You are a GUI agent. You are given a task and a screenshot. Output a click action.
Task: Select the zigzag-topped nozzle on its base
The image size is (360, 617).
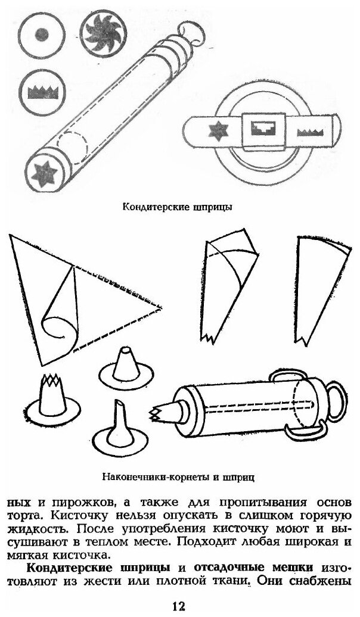pos(54,396)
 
